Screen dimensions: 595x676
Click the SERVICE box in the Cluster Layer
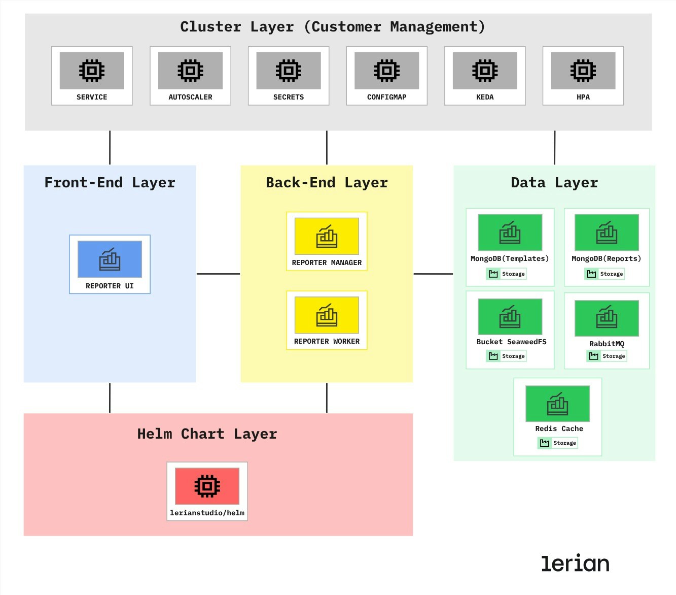coord(92,76)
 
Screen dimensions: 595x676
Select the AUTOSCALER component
coord(190,76)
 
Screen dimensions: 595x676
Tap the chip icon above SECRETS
coord(289,71)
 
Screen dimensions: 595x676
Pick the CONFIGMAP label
coord(386,97)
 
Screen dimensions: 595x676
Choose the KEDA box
coord(485,76)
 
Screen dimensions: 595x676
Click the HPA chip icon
coord(583,71)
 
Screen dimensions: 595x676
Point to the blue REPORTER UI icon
coord(110,259)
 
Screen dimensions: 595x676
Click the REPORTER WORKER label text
coord(327,341)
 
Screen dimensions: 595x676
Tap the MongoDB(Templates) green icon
coord(510,233)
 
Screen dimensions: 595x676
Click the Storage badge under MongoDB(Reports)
coord(605,274)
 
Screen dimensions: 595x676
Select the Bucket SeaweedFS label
coord(511,342)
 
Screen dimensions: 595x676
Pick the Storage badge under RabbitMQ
coord(607,356)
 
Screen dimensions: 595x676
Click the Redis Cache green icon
coord(557,404)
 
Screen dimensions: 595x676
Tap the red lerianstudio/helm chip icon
coord(207,486)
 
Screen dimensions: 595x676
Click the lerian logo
coord(575,564)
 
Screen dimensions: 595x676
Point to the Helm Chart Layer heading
coord(207,434)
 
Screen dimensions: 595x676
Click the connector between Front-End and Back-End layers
coord(218,274)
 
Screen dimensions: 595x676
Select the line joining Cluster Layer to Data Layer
coord(554,148)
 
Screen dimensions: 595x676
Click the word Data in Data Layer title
coord(528,183)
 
